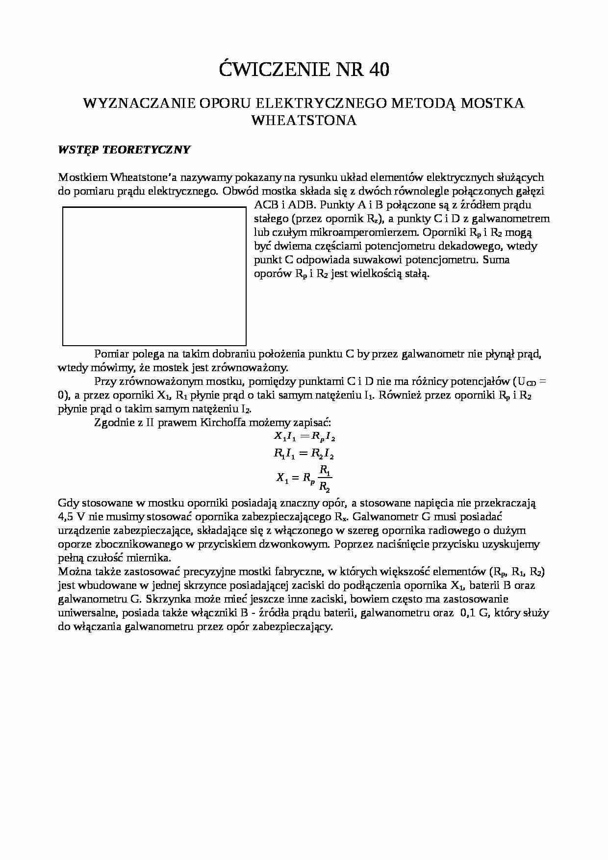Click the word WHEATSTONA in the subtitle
pyautogui.click(x=304, y=121)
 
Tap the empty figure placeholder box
pyautogui.click(x=154, y=276)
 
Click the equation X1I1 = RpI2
pyautogui.click(x=304, y=436)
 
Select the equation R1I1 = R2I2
pyautogui.click(x=304, y=454)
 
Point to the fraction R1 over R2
pyautogui.click(x=325, y=478)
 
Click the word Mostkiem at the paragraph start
pyautogui.click(x=81, y=177)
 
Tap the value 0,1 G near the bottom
pyautogui.click(x=474, y=612)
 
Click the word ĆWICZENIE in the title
pyautogui.click(x=275, y=70)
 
